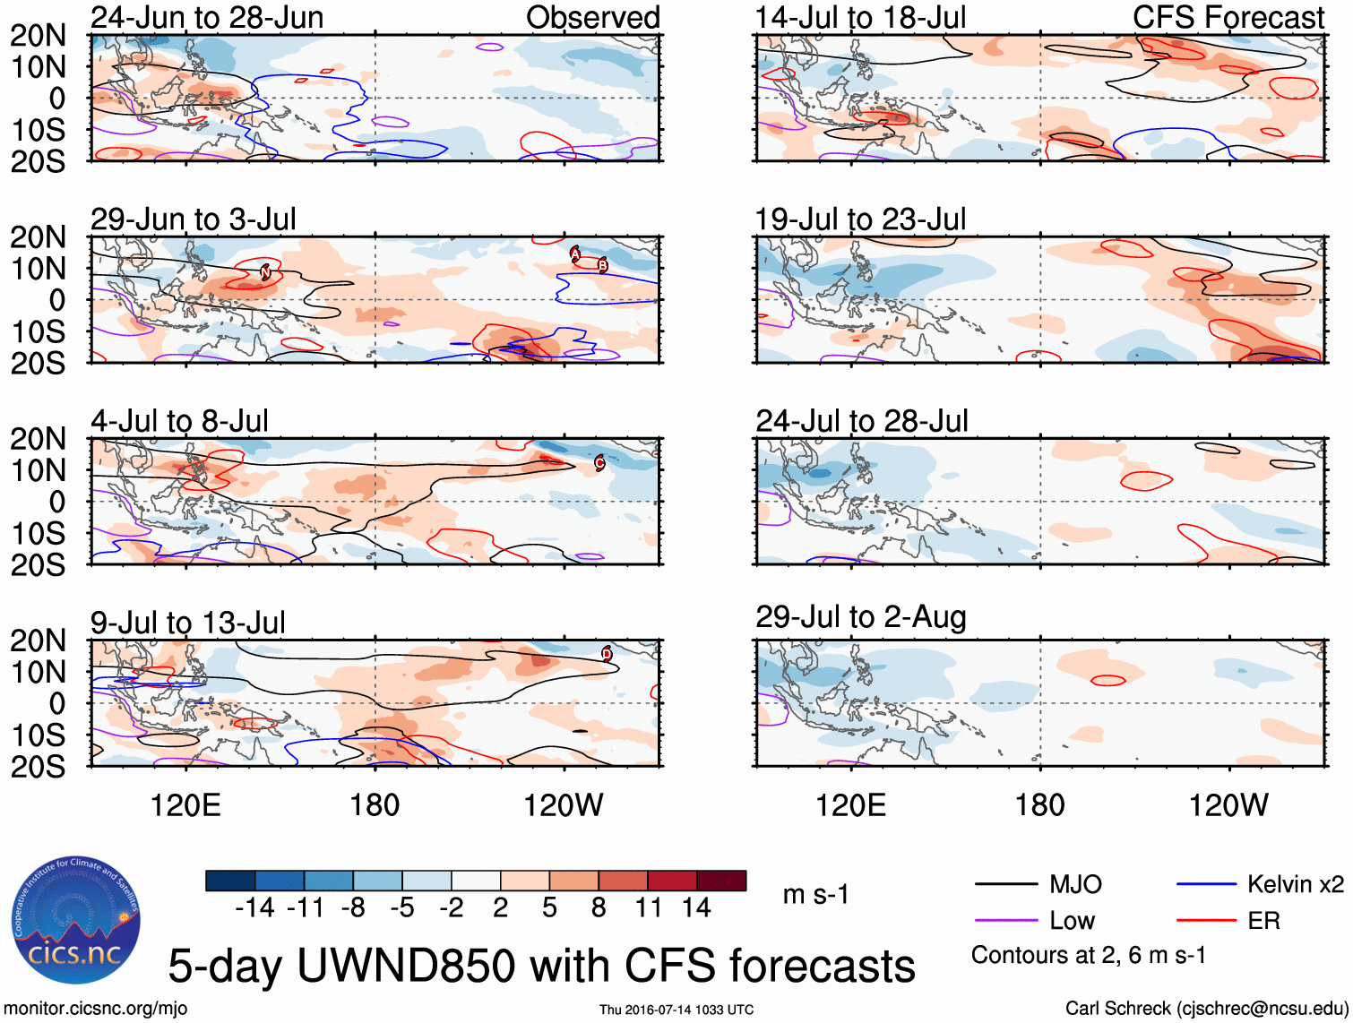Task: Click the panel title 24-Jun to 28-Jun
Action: (x=207, y=17)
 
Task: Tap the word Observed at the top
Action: (x=592, y=17)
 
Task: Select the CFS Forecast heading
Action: (x=1228, y=17)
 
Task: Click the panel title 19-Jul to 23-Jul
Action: (x=860, y=219)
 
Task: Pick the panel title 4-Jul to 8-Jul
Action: (x=179, y=420)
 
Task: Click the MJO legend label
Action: (x=1075, y=884)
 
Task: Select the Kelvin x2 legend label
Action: (x=1295, y=884)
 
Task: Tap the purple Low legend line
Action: (x=1005, y=921)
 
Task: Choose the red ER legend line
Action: (x=1206, y=921)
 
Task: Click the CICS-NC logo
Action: (x=76, y=920)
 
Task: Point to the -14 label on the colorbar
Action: (x=254, y=908)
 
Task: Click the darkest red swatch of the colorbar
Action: (x=721, y=881)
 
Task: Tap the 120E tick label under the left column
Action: (x=185, y=804)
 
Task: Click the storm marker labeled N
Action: (x=265, y=271)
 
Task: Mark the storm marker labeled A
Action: (x=575, y=254)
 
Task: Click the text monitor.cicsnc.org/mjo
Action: (x=96, y=1008)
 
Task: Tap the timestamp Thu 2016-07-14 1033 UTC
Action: (x=676, y=1010)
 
